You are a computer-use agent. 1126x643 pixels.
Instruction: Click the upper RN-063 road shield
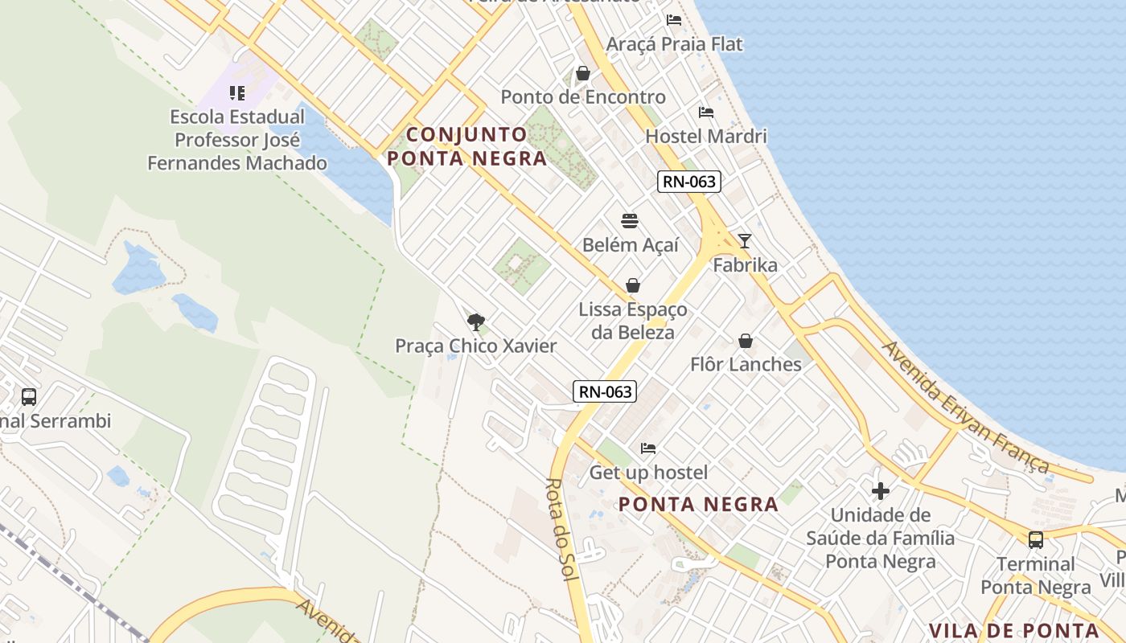tap(688, 182)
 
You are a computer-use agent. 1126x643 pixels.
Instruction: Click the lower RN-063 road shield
tap(605, 391)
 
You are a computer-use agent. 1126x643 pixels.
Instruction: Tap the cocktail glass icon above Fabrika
tap(745, 240)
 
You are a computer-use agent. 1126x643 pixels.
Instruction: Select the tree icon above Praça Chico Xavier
tap(476, 322)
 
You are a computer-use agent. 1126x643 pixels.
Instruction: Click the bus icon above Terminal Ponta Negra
tap(1036, 539)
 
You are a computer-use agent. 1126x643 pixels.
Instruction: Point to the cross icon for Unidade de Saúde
tap(881, 490)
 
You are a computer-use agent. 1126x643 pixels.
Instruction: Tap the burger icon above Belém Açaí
tap(630, 221)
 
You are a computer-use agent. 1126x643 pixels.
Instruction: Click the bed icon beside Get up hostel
tap(648, 448)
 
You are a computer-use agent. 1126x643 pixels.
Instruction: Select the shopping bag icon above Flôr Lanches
tap(746, 341)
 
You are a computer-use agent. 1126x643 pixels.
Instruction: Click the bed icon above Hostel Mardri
tap(706, 113)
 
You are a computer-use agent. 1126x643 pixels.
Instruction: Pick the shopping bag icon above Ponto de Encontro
tap(583, 74)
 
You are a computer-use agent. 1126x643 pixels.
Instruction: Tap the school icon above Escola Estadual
tap(236, 93)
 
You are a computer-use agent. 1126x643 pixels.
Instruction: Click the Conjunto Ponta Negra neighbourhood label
tap(467, 146)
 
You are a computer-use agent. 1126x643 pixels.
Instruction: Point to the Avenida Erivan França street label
tap(965, 408)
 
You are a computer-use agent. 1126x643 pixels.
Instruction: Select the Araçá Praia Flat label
tap(674, 44)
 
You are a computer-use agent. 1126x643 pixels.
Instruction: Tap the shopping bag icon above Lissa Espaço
tap(633, 285)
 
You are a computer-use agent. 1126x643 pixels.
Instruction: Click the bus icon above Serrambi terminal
tap(29, 396)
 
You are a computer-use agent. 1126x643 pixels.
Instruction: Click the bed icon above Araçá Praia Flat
tap(674, 19)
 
